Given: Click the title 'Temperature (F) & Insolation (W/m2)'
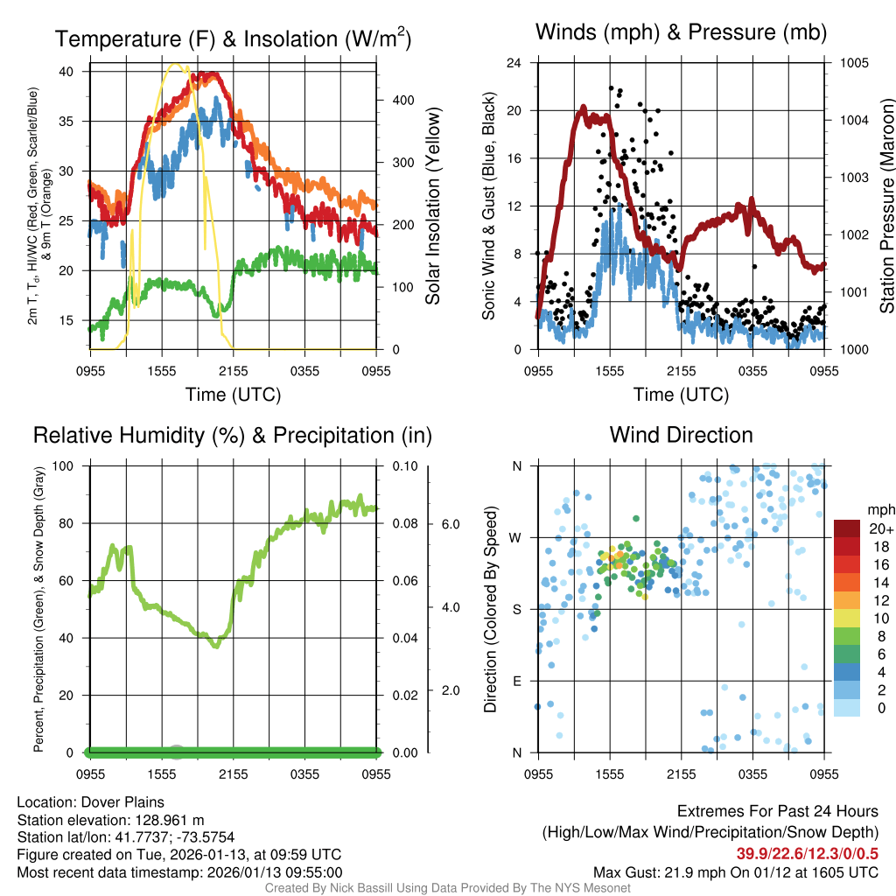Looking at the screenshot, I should pyautogui.click(x=233, y=38).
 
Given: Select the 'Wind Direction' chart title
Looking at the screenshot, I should pyautogui.click(x=681, y=435).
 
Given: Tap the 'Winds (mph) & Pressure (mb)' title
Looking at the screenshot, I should pyautogui.click(x=681, y=33).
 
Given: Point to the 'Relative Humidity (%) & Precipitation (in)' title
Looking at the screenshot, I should pyautogui.click(x=233, y=435).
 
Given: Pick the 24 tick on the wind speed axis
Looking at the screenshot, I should pyautogui.click(x=514, y=63).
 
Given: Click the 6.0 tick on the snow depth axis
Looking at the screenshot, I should pyautogui.click(x=450, y=524).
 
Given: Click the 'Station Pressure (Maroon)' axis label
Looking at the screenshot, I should pyautogui.click(x=885, y=206).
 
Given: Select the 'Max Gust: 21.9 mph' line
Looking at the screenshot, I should pyautogui.click(x=736, y=872).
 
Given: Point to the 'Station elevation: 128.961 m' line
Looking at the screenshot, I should pyautogui.click(x=110, y=820).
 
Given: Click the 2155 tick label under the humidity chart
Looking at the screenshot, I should pyautogui.click(x=234, y=774).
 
